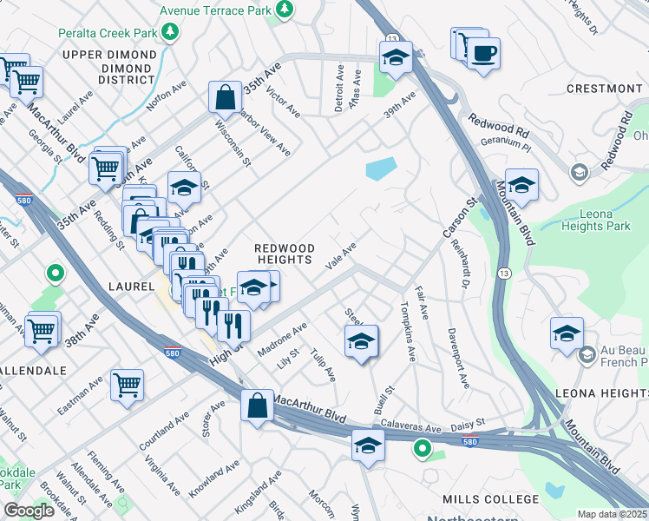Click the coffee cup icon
point(483,52)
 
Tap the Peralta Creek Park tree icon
point(172,32)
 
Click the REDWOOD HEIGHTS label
point(283,254)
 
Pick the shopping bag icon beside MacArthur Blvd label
point(258,406)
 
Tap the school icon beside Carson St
point(521,184)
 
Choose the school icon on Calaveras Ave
point(368,446)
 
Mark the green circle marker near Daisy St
point(422,449)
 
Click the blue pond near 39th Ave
point(381,168)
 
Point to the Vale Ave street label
point(341,259)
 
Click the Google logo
point(29,511)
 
